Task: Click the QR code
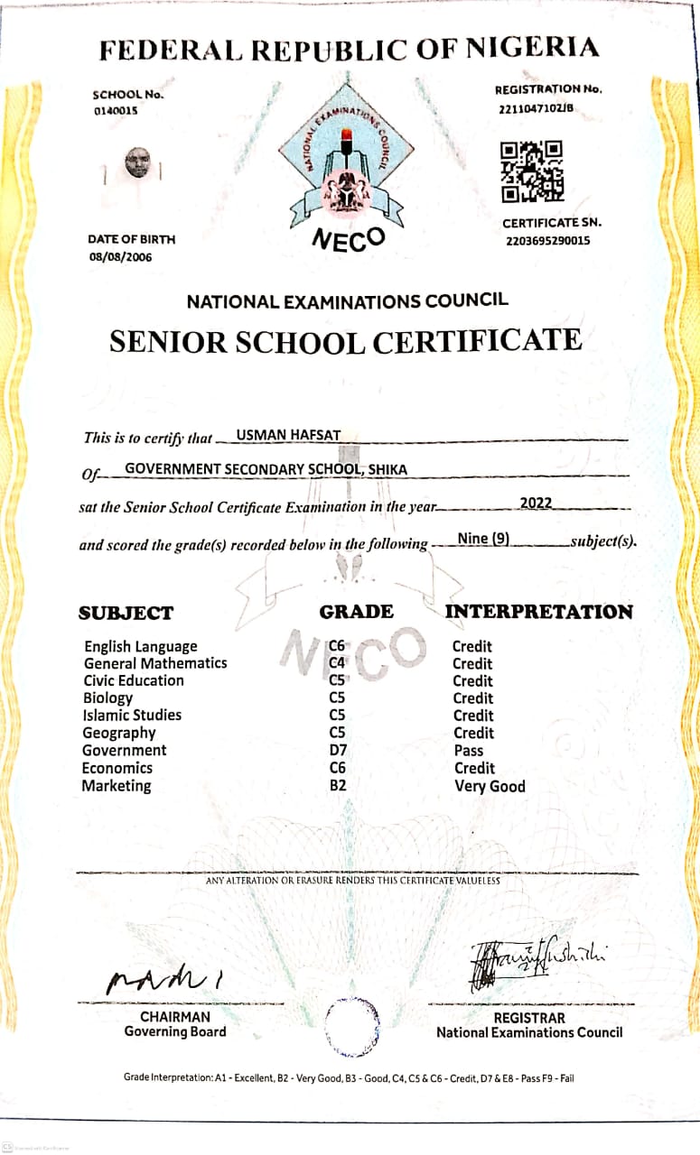coord(532,171)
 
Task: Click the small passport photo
coord(136,162)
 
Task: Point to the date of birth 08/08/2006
coord(120,257)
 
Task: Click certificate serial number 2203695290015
coord(548,241)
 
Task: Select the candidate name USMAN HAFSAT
coord(288,435)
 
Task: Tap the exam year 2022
coord(536,503)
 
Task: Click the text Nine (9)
coord(483,539)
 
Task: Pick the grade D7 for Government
coord(338,750)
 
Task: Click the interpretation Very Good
coord(490,786)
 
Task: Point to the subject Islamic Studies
coord(132,715)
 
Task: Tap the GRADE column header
coord(356,612)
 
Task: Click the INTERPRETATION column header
coord(538,612)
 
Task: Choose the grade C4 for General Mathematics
coord(338,663)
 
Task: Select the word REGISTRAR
coord(529,1018)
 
